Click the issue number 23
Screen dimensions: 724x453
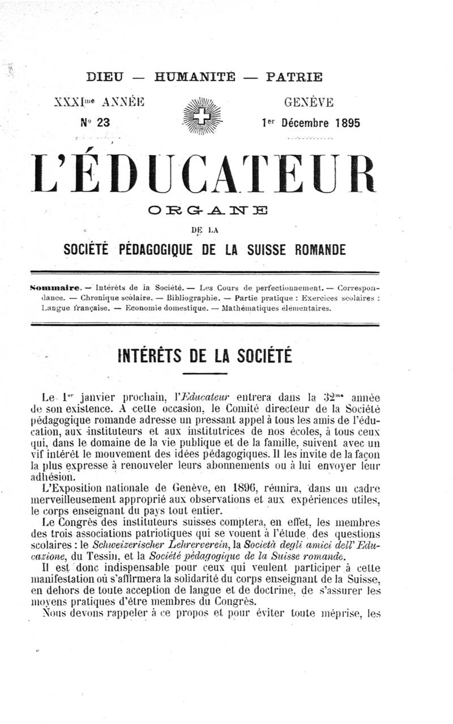click(102, 122)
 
